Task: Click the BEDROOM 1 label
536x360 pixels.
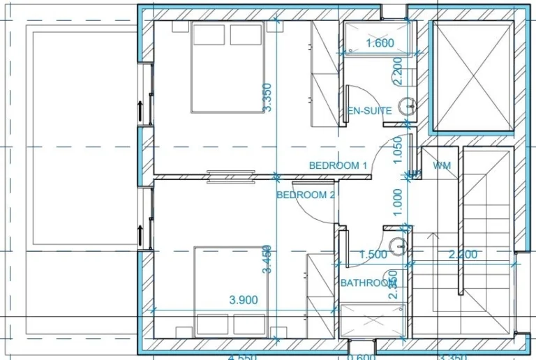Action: click(x=338, y=165)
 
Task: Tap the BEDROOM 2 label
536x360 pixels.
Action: click(x=306, y=195)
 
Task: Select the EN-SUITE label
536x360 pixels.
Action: click(x=370, y=111)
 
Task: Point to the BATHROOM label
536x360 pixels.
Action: click(x=368, y=283)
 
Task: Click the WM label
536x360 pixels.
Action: click(x=442, y=166)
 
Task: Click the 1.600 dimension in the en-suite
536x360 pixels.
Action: click(x=380, y=43)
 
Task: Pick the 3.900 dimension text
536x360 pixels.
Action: click(x=244, y=301)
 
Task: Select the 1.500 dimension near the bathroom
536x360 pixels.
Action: click(x=373, y=255)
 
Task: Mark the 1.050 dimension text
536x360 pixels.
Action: click(x=398, y=149)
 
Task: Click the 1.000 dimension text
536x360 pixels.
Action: click(x=398, y=202)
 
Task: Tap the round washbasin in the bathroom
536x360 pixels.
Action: click(x=399, y=245)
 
